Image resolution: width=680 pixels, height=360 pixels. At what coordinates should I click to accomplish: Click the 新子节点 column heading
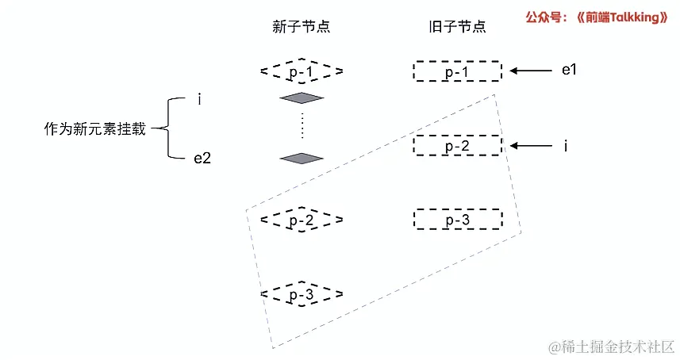click(301, 27)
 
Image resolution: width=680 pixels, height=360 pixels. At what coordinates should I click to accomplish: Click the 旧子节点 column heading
click(456, 27)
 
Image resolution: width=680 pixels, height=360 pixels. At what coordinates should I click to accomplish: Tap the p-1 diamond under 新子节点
click(302, 71)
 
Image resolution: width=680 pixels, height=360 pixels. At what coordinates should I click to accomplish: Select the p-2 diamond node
click(302, 220)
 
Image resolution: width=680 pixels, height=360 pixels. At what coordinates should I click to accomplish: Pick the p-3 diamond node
click(302, 295)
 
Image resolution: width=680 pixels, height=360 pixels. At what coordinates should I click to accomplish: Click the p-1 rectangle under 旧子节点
click(457, 71)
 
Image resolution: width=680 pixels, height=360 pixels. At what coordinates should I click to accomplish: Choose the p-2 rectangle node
click(457, 146)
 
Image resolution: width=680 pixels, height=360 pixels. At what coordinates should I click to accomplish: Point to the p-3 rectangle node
click(457, 220)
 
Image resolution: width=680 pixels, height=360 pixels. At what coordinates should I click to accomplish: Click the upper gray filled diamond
click(302, 98)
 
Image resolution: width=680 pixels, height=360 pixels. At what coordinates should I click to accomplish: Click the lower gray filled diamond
click(302, 158)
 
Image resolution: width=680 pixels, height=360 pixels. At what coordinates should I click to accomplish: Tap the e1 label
click(568, 71)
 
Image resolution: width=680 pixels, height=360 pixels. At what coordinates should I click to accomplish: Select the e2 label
click(202, 158)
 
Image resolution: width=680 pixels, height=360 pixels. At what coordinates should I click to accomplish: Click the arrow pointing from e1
click(531, 71)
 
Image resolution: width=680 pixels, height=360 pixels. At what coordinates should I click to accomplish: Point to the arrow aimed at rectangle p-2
click(531, 146)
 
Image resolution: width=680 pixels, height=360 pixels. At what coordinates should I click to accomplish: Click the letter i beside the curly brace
click(199, 99)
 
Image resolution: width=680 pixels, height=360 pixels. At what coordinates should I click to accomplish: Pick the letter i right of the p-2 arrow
click(566, 146)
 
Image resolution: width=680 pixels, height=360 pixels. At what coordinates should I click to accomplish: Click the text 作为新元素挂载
click(94, 129)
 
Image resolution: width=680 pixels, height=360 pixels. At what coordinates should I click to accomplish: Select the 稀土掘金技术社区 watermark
click(607, 347)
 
